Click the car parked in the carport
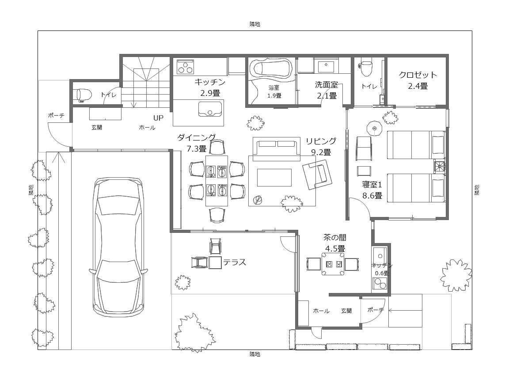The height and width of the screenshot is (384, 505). (118, 247)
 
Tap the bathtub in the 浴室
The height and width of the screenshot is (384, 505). (273, 68)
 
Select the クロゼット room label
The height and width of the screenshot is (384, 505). (418, 75)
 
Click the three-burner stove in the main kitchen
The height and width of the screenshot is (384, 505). (185, 67)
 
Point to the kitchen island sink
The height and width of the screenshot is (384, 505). (210, 109)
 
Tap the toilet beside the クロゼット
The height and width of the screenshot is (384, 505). (366, 67)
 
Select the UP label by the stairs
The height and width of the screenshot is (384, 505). (158, 118)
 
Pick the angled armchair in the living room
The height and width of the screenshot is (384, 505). (317, 175)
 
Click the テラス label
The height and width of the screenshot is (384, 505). (235, 262)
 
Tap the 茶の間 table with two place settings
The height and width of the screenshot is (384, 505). (333, 264)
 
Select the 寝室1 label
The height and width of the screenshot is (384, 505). (372, 185)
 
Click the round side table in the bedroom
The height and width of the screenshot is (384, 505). (374, 128)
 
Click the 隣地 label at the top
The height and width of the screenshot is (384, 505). (255, 24)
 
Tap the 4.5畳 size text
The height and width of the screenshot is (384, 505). (335, 249)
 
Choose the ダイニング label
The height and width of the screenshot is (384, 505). (197, 137)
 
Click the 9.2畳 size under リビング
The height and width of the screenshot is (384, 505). (321, 152)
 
